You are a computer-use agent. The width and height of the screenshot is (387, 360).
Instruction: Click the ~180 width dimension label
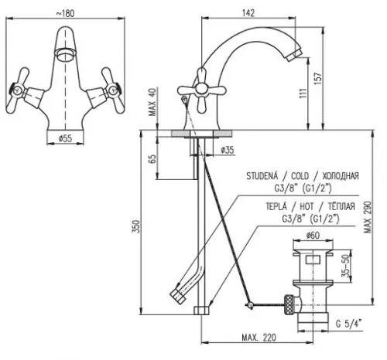pos(65,13)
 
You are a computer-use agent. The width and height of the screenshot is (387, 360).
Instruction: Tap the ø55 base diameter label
pos(65,138)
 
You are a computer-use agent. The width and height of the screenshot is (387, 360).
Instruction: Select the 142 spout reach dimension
pos(248,13)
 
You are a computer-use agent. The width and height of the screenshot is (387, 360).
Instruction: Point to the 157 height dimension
pos(318,79)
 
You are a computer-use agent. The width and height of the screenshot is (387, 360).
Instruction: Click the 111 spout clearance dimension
pos(303,93)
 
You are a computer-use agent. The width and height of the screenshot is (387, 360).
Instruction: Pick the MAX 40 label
pos(152,102)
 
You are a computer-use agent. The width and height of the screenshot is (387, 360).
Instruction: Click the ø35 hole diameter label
pos(228,150)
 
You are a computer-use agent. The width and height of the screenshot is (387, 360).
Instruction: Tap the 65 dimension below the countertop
pos(152,159)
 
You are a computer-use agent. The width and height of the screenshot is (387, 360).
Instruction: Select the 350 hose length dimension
pos(136,226)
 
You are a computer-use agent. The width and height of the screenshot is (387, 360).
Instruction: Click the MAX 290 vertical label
pos(368,217)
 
